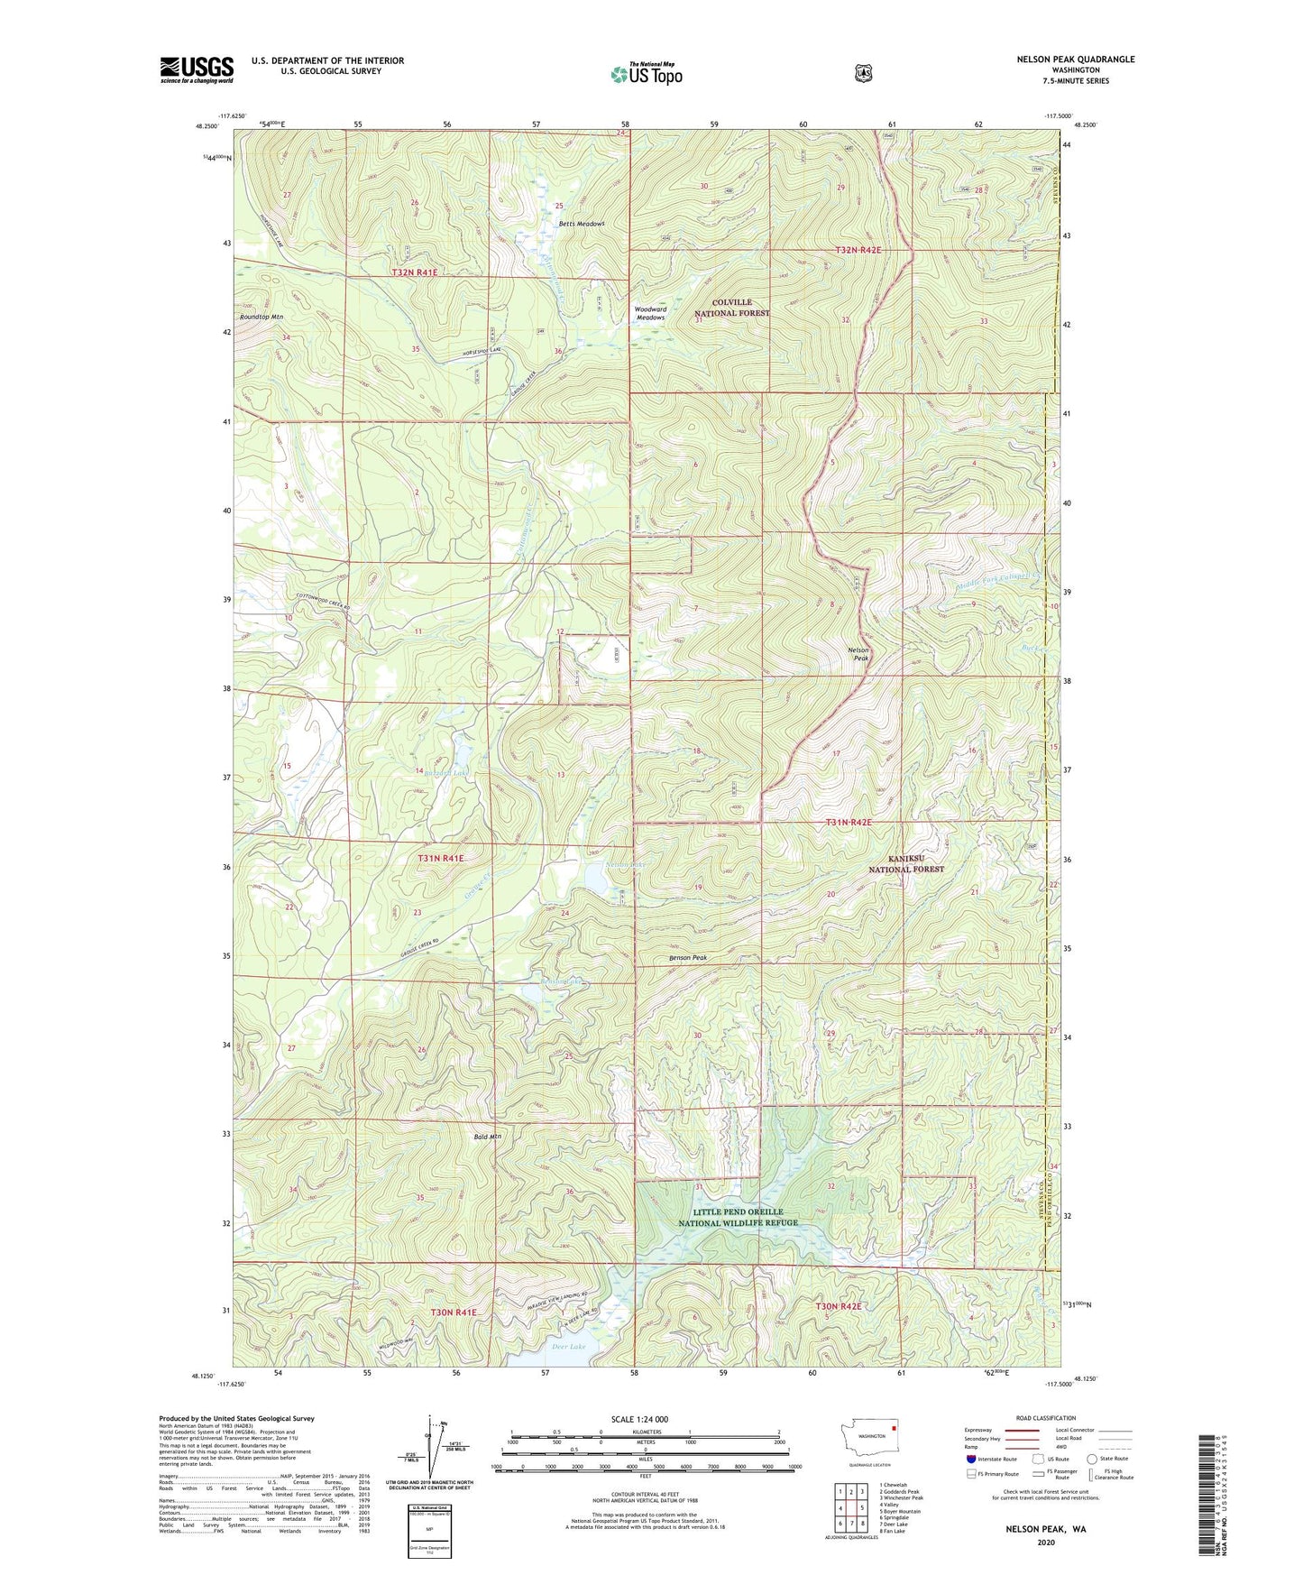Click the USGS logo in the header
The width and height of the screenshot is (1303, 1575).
[197, 69]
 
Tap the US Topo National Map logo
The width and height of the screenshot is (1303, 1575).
[646, 74]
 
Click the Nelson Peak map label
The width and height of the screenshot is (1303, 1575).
[858, 654]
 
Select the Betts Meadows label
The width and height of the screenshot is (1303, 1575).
[581, 224]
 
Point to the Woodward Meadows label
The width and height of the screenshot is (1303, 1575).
[650, 313]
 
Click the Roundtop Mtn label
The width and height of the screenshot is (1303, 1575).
[262, 318]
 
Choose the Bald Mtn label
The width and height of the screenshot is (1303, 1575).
[487, 1137]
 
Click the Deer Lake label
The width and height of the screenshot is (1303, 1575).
[568, 1347]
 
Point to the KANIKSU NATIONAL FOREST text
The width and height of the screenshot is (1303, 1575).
[905, 863]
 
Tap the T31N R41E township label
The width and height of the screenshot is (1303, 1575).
[440, 859]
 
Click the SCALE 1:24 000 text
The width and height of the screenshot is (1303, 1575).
[639, 1419]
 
